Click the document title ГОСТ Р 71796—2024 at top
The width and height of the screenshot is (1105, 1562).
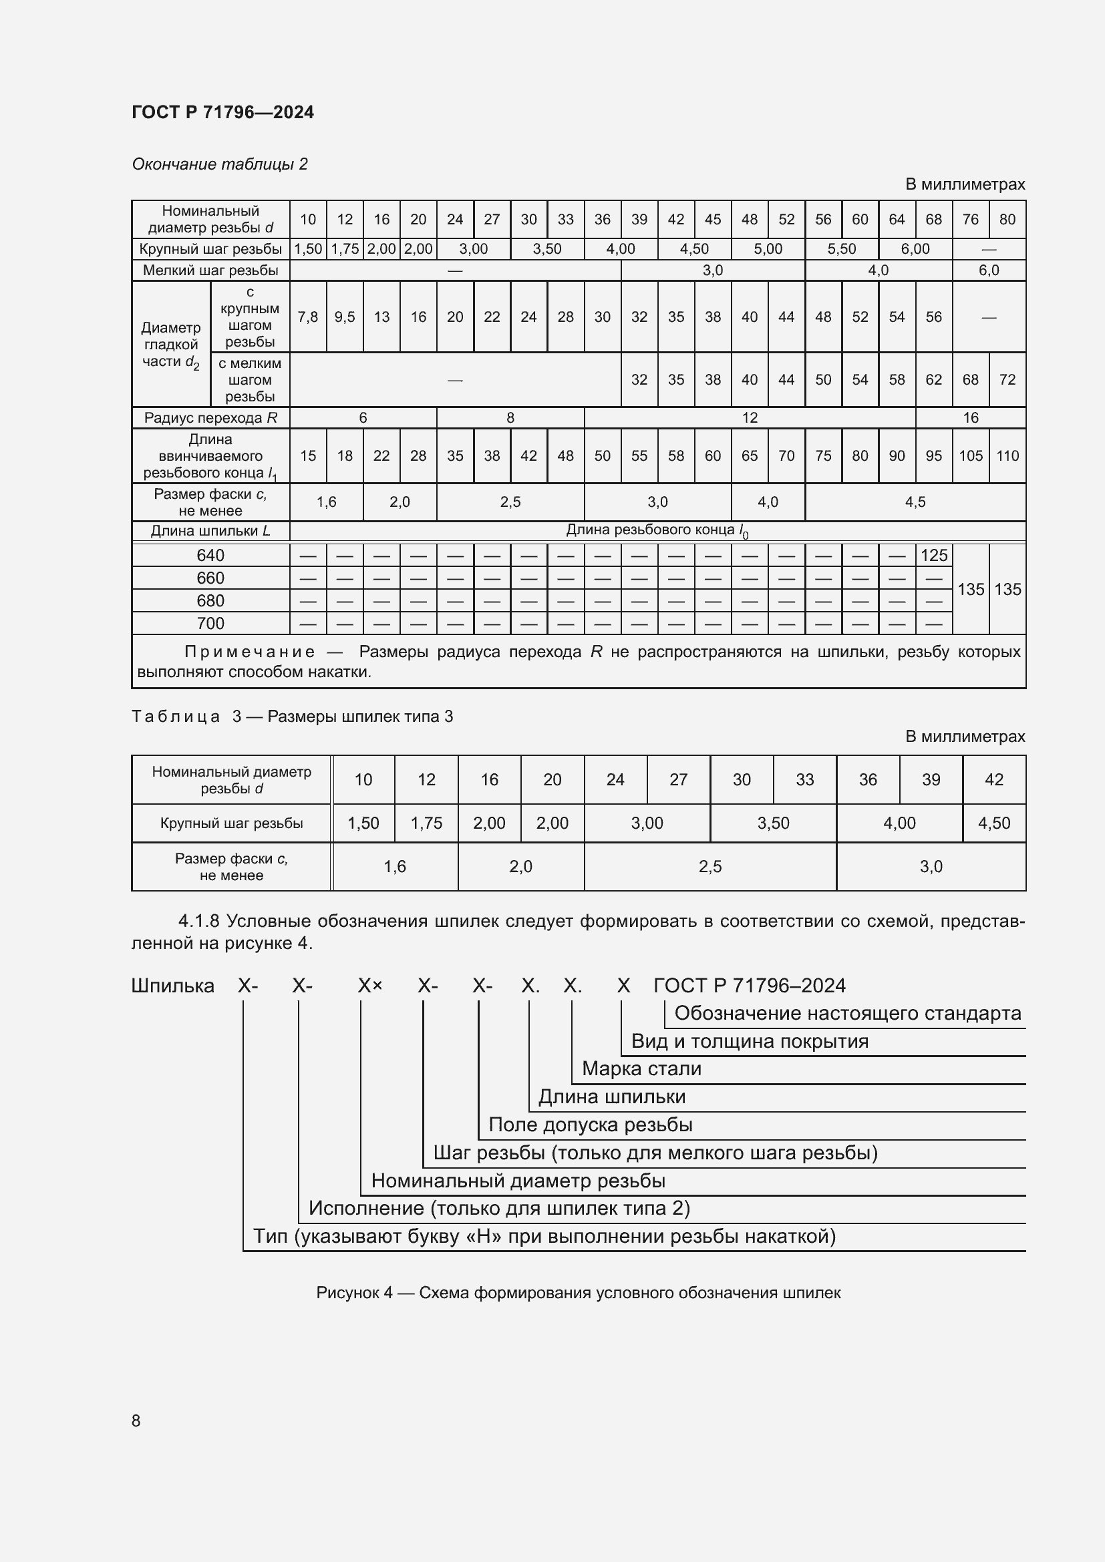(x=222, y=112)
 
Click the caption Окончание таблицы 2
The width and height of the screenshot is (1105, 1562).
(x=219, y=164)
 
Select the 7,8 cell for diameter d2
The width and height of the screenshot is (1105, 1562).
(x=307, y=317)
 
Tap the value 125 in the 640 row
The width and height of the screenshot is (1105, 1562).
(x=933, y=555)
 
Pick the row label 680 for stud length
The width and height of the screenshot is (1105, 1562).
(x=210, y=601)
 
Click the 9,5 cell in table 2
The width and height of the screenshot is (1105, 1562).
(x=344, y=317)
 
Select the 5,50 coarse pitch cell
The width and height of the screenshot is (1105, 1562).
(x=841, y=249)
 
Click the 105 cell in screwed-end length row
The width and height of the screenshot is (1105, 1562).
(x=970, y=456)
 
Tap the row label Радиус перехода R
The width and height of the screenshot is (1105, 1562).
(x=210, y=417)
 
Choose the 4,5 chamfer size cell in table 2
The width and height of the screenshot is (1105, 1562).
(x=915, y=502)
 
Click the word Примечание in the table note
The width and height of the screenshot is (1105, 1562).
(x=250, y=652)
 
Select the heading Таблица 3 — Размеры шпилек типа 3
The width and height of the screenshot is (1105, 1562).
(x=292, y=717)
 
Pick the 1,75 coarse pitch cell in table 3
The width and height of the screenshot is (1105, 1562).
(x=426, y=823)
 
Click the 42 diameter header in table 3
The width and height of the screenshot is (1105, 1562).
(x=993, y=779)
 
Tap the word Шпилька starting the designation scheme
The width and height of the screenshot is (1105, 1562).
(x=172, y=986)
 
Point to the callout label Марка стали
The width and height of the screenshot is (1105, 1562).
(x=641, y=1068)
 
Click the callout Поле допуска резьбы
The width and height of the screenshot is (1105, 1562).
(x=590, y=1125)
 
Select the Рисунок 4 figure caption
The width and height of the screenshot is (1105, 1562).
(x=578, y=1293)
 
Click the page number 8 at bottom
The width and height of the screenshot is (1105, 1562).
(x=136, y=1420)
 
